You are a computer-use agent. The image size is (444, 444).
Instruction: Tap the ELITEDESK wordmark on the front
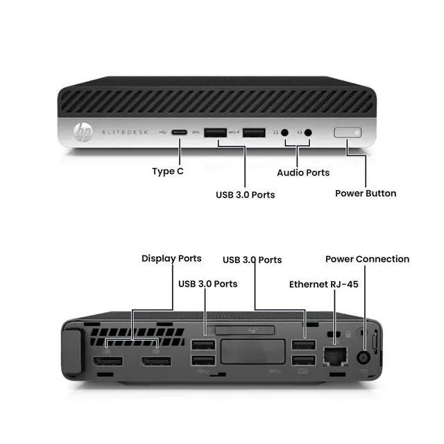128,132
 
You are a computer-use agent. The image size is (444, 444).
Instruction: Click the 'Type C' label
168,171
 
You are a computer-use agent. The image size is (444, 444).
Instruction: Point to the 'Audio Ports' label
303,172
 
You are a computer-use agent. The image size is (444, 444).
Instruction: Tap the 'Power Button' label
366,193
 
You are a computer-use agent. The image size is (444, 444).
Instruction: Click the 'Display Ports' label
171,258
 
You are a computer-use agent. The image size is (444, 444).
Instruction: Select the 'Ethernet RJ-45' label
324,284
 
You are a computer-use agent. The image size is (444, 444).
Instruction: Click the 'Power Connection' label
367,259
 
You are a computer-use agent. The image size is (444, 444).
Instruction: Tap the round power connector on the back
363,357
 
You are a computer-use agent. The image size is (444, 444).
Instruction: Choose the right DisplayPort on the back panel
157,361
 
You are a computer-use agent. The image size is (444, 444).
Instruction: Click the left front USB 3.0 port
216,132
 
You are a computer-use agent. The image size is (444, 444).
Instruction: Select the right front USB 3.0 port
253,132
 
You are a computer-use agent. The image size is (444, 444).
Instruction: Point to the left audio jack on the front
284,132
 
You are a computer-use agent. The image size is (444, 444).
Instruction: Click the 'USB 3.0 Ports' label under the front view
245,194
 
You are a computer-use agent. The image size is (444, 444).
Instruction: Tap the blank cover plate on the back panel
253,352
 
